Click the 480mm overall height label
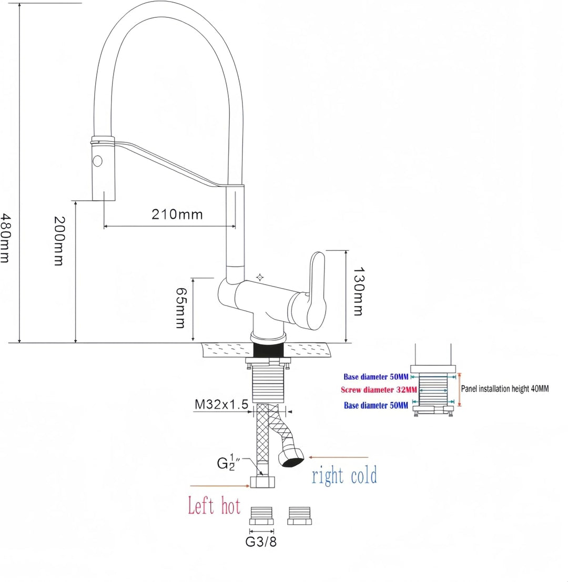point(5,238)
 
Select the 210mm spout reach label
point(177,214)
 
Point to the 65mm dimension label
point(181,308)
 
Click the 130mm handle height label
point(358,291)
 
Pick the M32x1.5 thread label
point(221,404)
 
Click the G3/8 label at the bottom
point(261,542)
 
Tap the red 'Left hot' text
point(214,505)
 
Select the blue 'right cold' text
point(344,475)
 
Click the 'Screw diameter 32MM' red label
point(379,390)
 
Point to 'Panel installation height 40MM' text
point(504,389)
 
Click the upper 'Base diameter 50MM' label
point(376,377)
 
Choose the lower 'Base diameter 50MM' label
point(376,405)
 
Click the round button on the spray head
point(98,161)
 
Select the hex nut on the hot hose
point(262,482)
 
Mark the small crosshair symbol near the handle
point(260,277)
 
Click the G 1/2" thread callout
point(228,463)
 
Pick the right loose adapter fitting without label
point(299,516)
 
